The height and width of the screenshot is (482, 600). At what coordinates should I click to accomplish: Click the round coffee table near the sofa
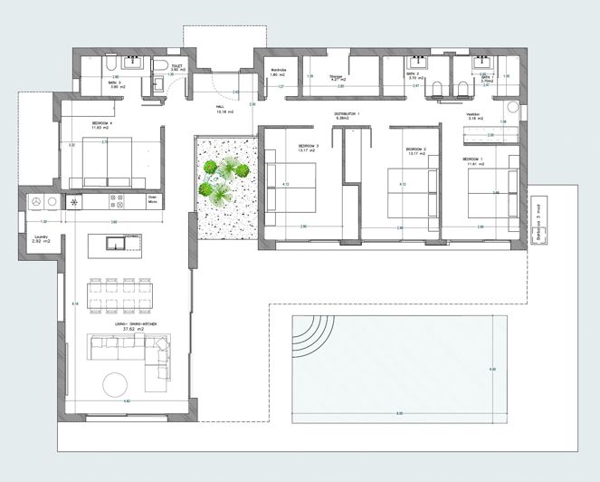click(x=119, y=384)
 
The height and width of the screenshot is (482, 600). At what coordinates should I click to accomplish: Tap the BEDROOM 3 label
click(x=309, y=147)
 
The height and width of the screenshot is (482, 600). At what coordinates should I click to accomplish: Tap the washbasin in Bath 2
click(x=417, y=63)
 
